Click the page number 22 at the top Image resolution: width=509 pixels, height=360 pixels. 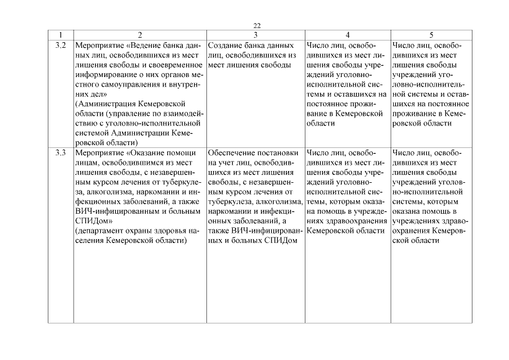[257, 26]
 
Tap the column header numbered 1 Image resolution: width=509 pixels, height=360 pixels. [61, 35]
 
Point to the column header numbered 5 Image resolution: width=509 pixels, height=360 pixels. [431, 35]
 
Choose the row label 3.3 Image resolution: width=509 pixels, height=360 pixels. [61, 152]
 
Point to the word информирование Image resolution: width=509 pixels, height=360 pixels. [103, 75]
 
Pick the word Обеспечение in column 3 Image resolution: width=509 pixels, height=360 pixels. [232, 152]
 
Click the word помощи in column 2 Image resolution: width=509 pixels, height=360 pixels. [183, 152]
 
